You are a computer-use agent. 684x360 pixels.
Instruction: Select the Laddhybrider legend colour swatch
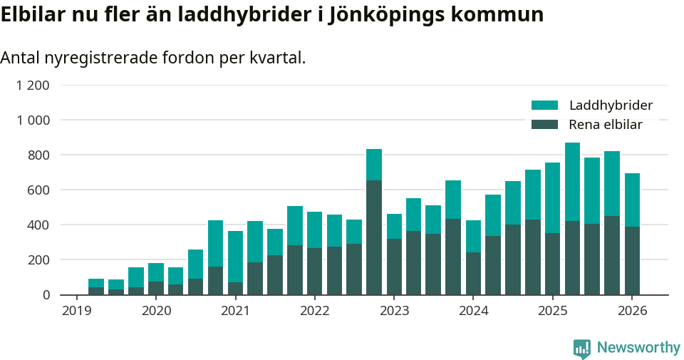tap(544, 106)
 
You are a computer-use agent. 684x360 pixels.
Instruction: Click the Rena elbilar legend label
tap(606, 125)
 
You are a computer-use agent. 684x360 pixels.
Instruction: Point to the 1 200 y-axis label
tap(33, 86)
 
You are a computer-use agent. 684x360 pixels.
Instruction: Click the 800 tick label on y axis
tap(38, 155)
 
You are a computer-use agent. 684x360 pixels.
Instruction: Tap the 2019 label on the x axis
tap(77, 311)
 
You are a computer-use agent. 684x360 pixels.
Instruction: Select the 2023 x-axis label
tap(394, 311)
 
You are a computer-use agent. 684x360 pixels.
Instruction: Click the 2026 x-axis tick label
tap(632, 311)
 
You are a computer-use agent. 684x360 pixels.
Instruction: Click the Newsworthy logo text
tap(638, 348)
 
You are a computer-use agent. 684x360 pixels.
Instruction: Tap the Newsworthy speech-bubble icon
tap(581, 349)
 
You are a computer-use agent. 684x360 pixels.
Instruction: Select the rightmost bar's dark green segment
tap(632, 261)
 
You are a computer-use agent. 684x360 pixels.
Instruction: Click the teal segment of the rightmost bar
tap(632, 200)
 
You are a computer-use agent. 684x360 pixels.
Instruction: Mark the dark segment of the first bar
tap(96, 291)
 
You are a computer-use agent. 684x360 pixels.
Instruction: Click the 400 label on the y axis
tap(38, 225)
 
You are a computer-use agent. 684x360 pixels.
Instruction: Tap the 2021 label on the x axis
tap(235, 311)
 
